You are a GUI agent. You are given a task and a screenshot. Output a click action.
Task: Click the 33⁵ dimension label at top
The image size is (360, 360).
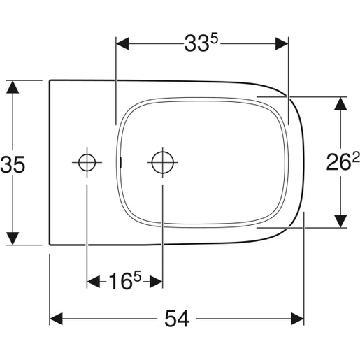[x=201, y=44]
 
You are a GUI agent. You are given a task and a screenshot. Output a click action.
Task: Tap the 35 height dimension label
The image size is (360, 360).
[x=13, y=164]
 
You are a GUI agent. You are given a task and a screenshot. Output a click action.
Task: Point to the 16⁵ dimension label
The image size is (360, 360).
[x=124, y=282]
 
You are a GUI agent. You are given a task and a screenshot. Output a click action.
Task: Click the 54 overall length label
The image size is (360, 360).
[x=178, y=319]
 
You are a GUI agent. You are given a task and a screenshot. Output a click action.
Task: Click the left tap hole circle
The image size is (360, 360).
[x=87, y=162]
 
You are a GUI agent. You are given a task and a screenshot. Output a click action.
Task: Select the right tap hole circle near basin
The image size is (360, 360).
[x=161, y=162]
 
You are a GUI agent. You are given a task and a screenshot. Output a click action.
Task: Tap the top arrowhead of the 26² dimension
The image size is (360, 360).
[x=340, y=103]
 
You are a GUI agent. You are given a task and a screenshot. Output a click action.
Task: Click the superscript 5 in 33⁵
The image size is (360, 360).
[x=215, y=38]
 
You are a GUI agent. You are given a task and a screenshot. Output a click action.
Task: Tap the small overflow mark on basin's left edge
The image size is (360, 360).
[x=121, y=162]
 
